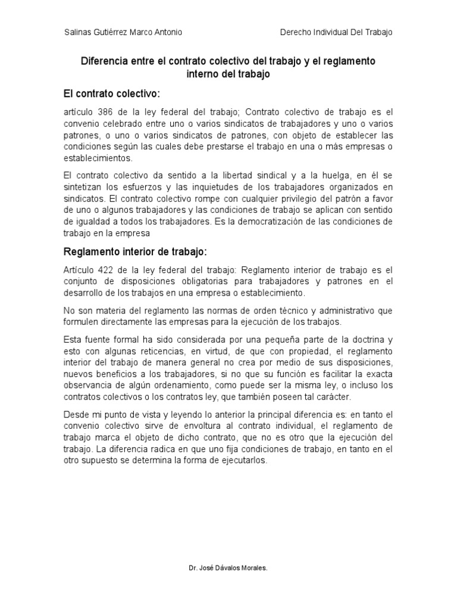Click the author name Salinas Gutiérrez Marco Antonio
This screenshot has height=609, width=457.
(123, 32)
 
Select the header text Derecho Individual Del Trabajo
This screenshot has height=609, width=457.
(336, 32)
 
